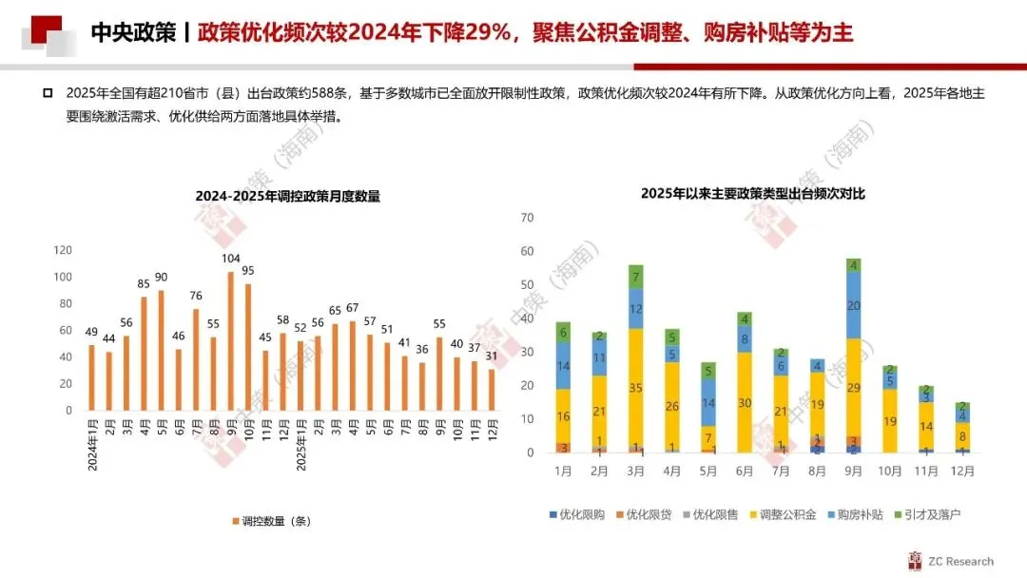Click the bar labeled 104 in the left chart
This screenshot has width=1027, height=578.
[x=230, y=341]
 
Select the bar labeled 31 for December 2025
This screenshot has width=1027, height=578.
[x=492, y=390]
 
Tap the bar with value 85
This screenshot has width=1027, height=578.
[x=145, y=354]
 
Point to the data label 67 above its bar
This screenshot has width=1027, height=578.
[x=353, y=308]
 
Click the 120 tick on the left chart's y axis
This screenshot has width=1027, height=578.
[x=63, y=250]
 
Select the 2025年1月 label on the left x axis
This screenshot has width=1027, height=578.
[x=301, y=445]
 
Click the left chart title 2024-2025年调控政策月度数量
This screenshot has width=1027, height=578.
[x=287, y=196]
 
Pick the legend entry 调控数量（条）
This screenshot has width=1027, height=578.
[x=272, y=521]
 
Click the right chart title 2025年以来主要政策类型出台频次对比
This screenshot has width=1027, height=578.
[x=752, y=193]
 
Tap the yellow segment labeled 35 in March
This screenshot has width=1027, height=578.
[x=635, y=388]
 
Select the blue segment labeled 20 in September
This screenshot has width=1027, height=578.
[x=853, y=306]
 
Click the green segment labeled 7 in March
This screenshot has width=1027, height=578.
[x=635, y=277]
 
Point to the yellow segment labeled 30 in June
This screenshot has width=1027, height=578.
[x=745, y=402]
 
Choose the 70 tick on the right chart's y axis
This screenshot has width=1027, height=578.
[x=527, y=218]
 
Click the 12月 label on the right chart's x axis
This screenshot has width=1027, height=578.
[x=962, y=471]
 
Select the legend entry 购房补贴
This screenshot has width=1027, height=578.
[x=856, y=514]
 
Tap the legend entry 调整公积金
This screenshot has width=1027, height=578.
[x=783, y=514]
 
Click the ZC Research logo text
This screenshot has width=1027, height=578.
[x=960, y=561]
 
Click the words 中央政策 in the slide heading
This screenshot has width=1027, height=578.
[x=134, y=32]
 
